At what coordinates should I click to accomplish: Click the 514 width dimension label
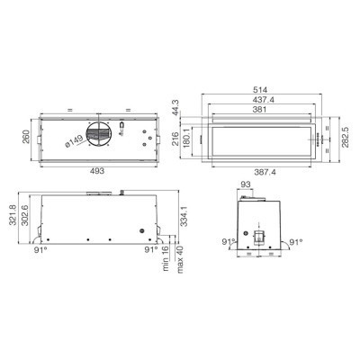tap(260, 90)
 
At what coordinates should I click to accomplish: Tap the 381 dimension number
tap(259, 110)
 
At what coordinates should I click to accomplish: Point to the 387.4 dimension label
tap(265, 172)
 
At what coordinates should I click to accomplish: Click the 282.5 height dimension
tap(346, 137)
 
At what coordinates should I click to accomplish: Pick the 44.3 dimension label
tap(175, 106)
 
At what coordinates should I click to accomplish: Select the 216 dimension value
tap(175, 139)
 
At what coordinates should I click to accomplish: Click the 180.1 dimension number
tap(185, 138)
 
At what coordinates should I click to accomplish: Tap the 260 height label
tap(27, 137)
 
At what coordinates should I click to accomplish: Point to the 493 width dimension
tap(97, 171)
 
